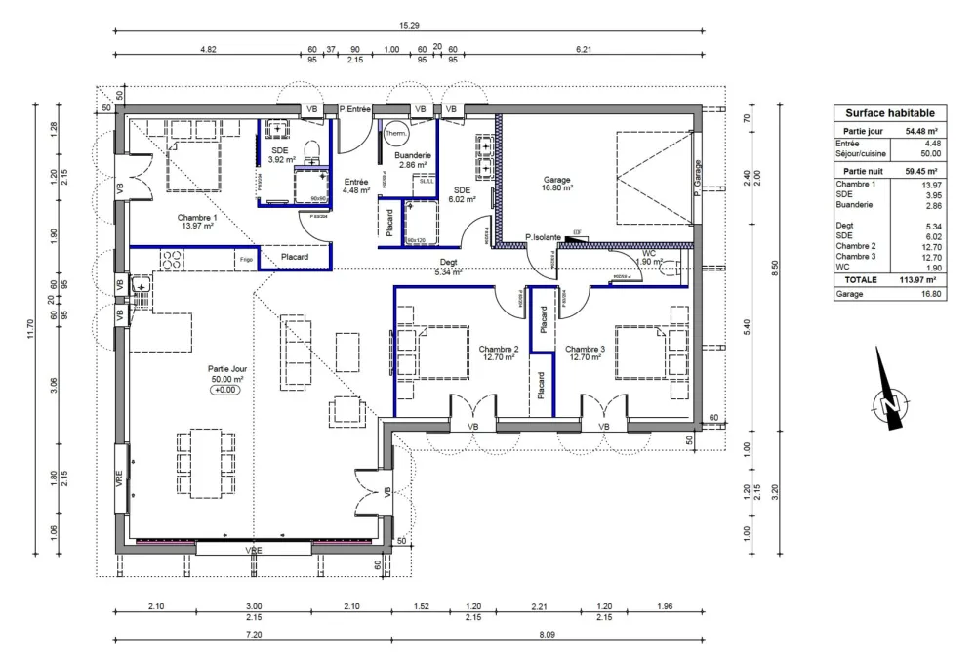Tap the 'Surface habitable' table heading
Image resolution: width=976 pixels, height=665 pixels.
(889, 113)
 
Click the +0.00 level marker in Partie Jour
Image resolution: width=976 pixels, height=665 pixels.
(225, 390)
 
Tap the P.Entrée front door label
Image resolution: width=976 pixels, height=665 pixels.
(356, 109)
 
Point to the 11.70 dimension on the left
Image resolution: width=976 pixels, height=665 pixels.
(31, 331)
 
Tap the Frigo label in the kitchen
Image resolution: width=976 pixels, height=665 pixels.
(246, 258)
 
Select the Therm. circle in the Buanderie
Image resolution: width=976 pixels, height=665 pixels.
(395, 134)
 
